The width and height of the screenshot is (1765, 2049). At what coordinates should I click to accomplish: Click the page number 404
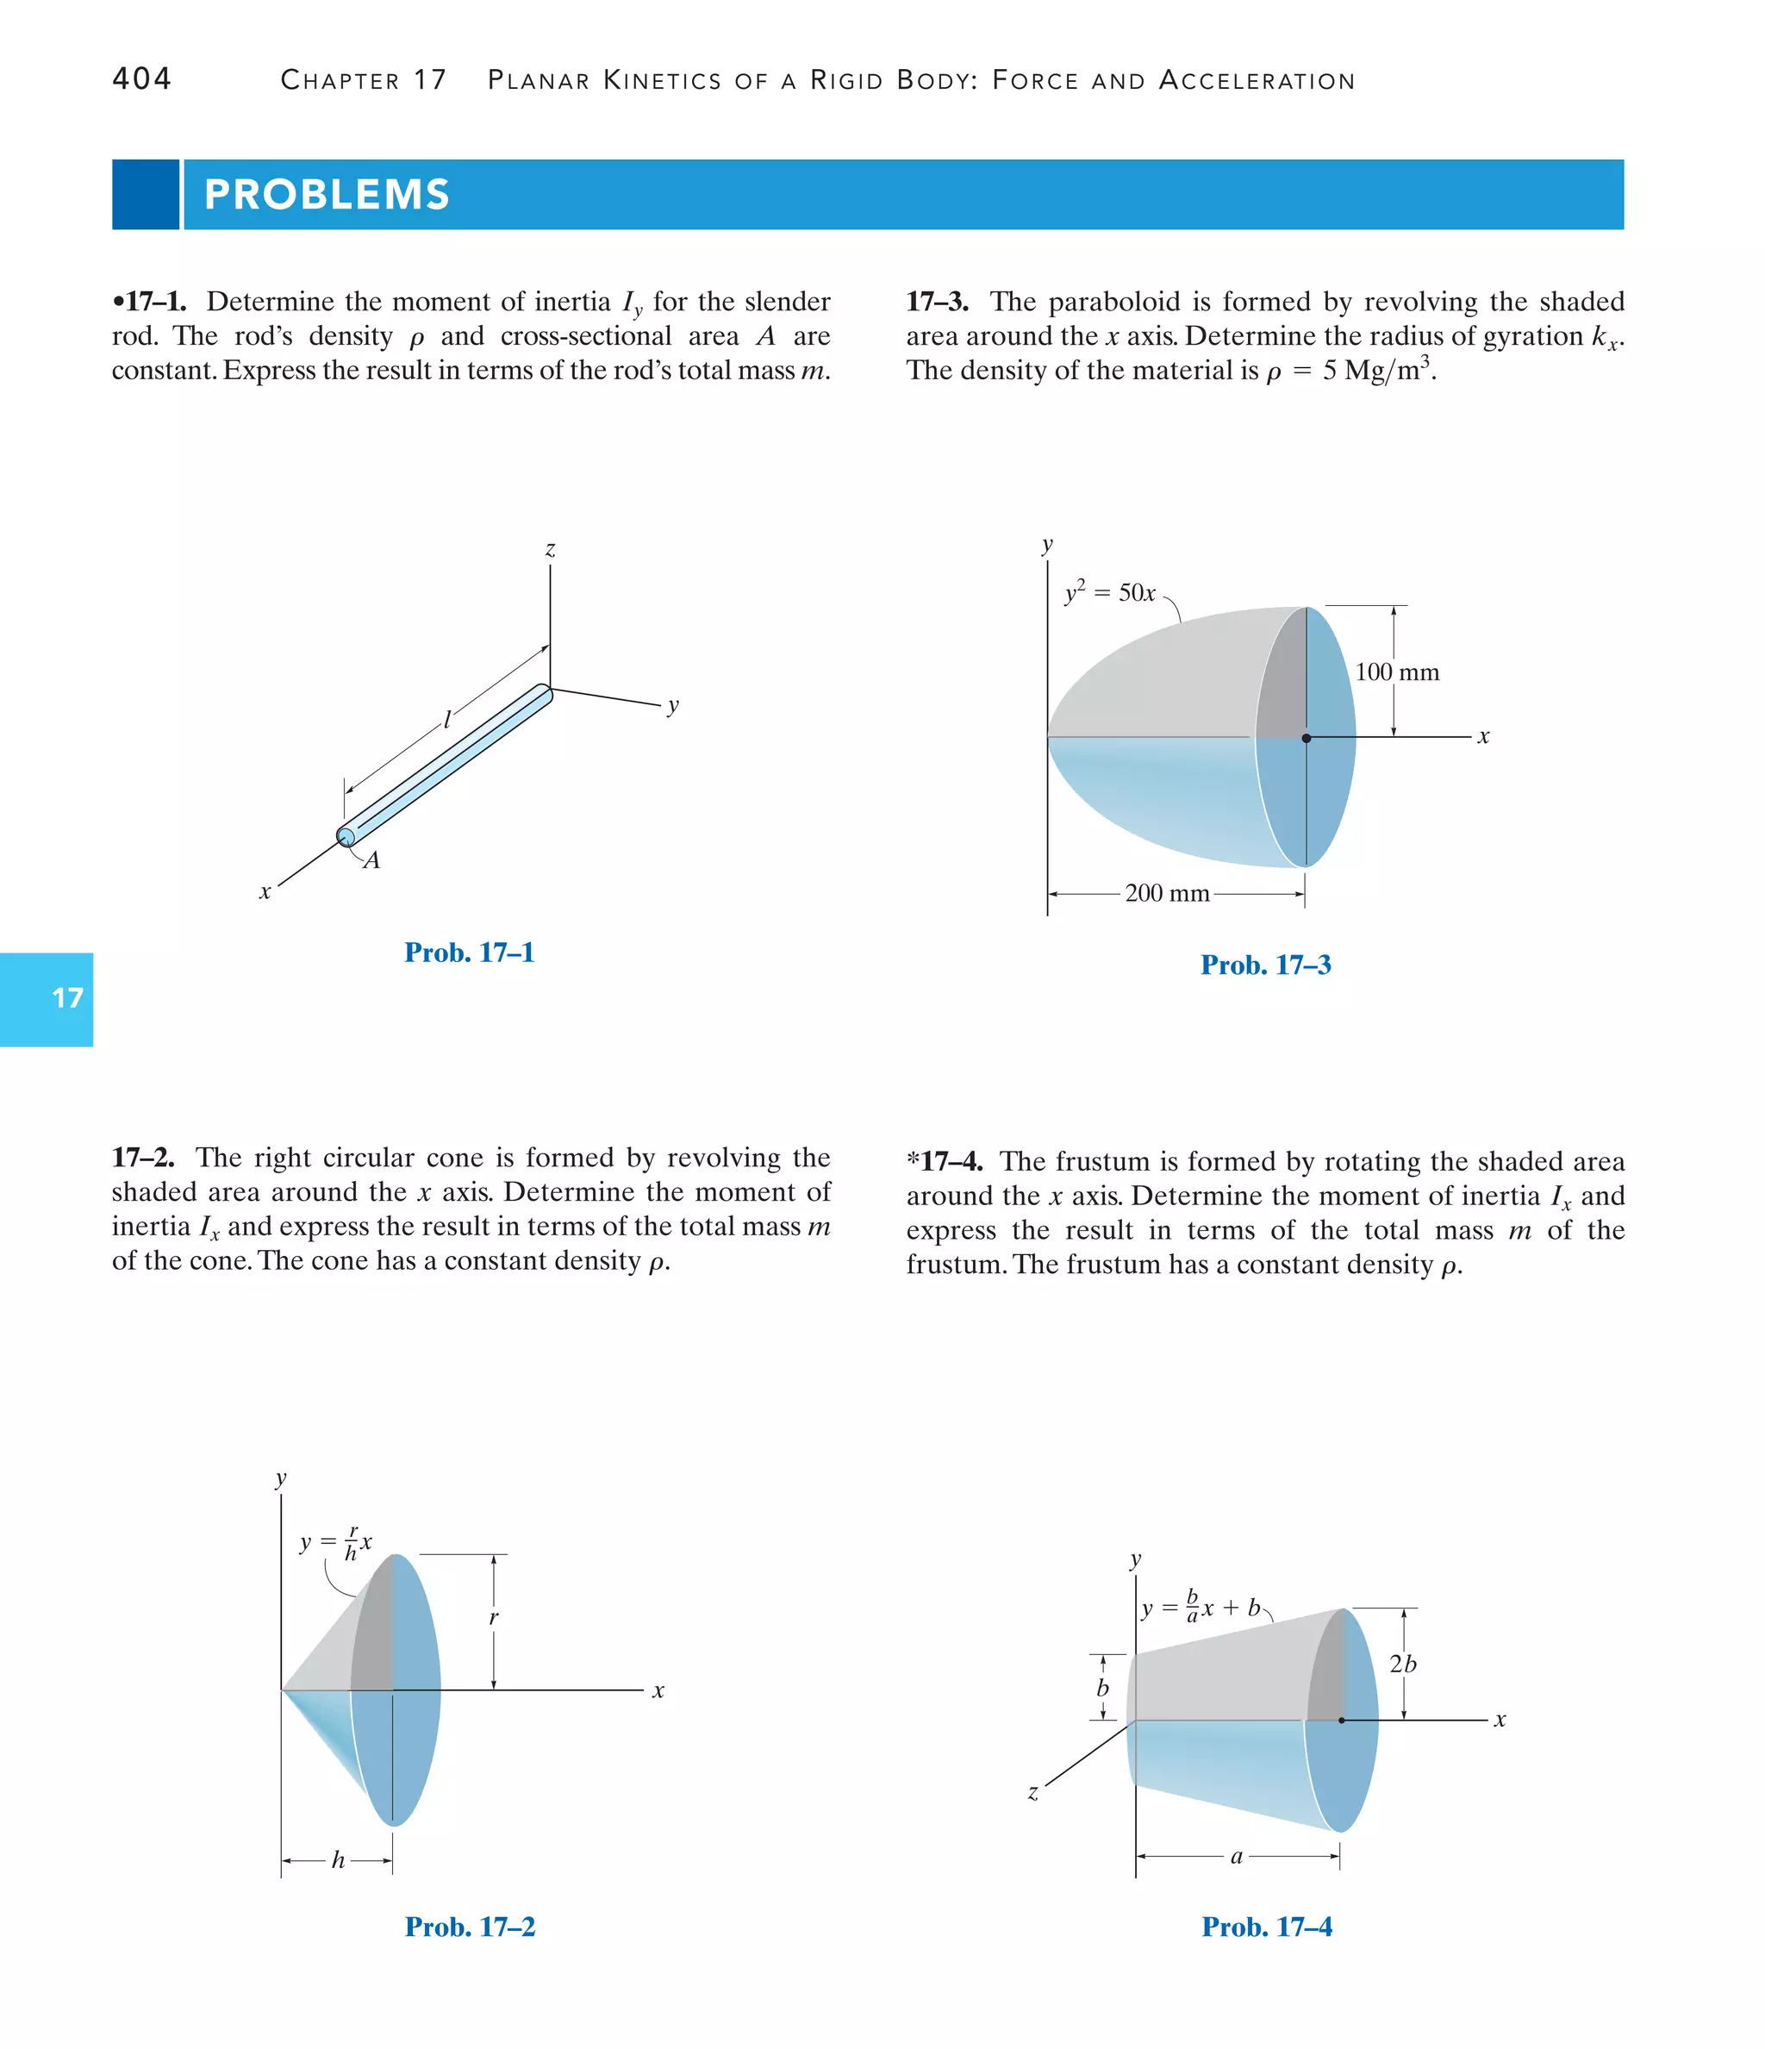(x=141, y=78)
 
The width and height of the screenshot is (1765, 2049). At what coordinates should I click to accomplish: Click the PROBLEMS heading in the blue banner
(x=327, y=194)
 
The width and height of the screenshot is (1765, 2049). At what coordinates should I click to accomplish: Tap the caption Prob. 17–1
(x=469, y=953)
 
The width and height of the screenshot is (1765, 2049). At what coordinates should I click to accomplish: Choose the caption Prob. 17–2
(x=470, y=1927)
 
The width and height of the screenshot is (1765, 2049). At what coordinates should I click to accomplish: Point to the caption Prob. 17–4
(x=1266, y=1927)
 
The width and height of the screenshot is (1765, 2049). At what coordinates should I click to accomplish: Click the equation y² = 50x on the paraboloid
(x=1109, y=592)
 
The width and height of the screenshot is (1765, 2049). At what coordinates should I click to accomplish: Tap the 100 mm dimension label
(x=1396, y=672)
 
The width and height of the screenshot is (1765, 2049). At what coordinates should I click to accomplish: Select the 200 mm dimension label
(x=1167, y=893)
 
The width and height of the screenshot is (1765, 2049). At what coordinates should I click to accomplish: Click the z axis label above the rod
(x=550, y=549)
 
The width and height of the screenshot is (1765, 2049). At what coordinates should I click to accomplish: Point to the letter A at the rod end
(x=371, y=860)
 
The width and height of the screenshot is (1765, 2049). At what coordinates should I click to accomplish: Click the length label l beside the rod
(x=447, y=719)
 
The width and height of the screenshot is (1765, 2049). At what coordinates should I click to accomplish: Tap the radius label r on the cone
(x=494, y=1618)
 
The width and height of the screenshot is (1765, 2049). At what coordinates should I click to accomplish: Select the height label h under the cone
(x=338, y=1860)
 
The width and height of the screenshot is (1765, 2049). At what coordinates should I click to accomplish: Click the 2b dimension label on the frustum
(x=1402, y=1665)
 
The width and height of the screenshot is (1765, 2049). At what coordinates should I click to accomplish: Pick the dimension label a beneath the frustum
(x=1236, y=1856)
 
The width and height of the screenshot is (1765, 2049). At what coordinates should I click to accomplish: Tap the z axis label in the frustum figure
(x=1032, y=1792)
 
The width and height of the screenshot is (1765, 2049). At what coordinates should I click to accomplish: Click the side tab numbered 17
(x=66, y=998)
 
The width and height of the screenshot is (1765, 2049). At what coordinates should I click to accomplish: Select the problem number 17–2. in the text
(x=143, y=1157)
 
